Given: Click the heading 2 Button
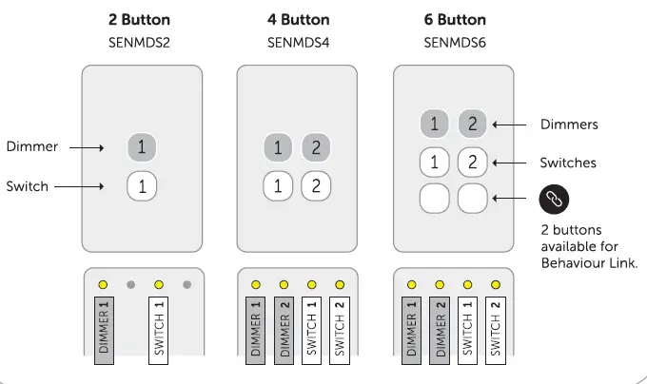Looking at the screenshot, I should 141,20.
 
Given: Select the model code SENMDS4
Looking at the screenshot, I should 297,42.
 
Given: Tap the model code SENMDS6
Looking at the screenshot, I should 454,42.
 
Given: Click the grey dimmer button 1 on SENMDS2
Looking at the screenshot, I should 142,147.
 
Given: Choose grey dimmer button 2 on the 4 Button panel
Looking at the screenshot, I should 316,147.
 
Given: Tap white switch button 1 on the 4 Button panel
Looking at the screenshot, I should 278,185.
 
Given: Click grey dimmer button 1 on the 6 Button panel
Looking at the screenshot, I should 435,124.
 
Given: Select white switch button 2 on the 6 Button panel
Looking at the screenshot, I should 472,162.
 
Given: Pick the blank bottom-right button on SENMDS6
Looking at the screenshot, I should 472,199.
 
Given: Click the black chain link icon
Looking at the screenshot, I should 556,200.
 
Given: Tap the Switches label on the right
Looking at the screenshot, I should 568,163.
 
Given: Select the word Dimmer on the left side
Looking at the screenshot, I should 32,147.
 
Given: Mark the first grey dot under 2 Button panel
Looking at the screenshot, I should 131,284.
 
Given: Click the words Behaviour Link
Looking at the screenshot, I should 587,263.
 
